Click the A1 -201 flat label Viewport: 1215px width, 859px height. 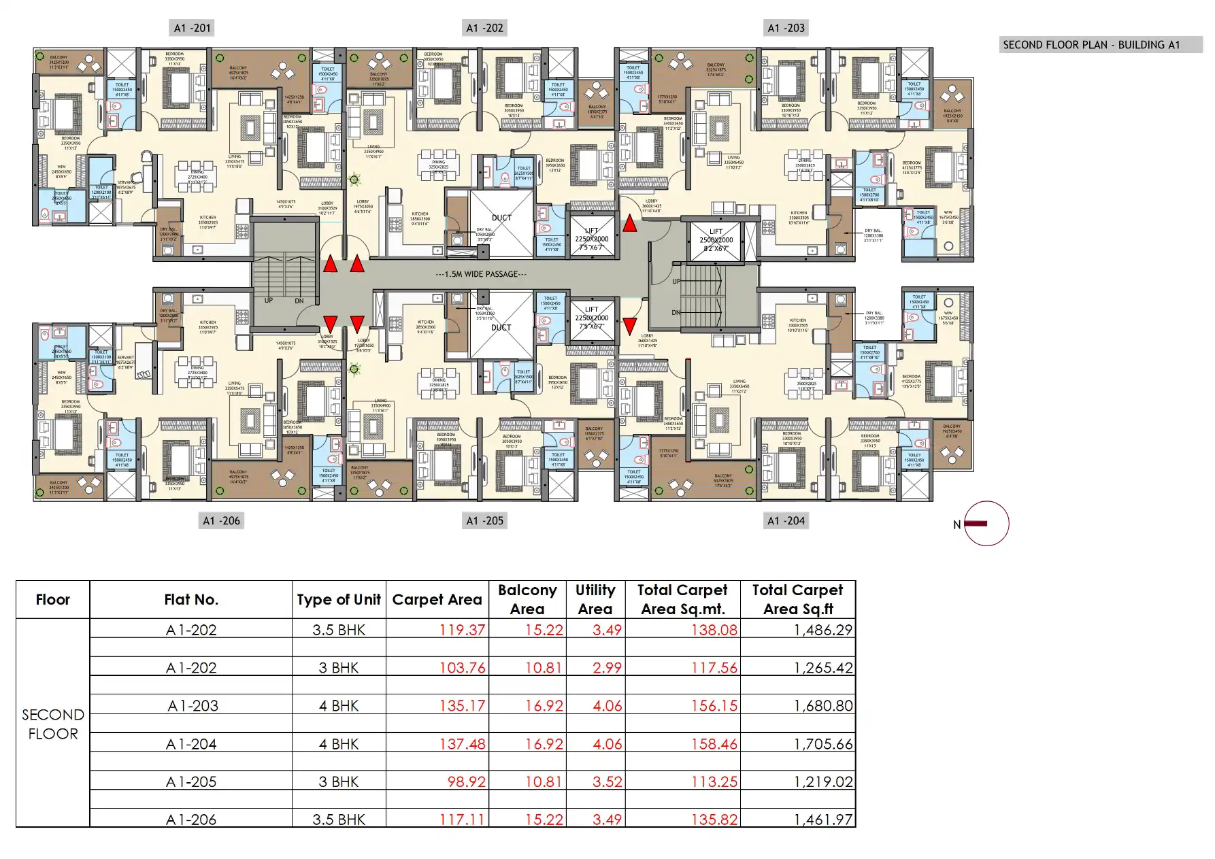pyautogui.click(x=193, y=28)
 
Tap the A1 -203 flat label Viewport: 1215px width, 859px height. pyautogui.click(x=786, y=28)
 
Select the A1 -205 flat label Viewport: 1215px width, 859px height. pyautogui.click(x=484, y=521)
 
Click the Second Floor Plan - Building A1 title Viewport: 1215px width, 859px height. pyautogui.click(x=1091, y=45)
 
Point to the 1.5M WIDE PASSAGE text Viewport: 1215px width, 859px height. pyautogui.click(x=481, y=274)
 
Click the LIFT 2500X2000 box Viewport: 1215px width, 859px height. pyautogui.click(x=716, y=240)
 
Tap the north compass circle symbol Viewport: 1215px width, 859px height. pyautogui.click(x=986, y=524)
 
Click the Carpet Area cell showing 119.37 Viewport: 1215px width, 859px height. pyautogui.click(x=462, y=630)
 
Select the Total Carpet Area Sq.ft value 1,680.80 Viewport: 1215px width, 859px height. pyautogui.click(x=822, y=706)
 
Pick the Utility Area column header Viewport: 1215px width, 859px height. pyautogui.click(x=595, y=599)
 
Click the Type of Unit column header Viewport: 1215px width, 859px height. pyautogui.click(x=338, y=599)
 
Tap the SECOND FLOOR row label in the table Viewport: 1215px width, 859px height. pyautogui.click(x=52, y=724)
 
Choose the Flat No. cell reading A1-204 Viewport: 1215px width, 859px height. pyautogui.click(x=191, y=744)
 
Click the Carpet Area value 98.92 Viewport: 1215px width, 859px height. pyautogui.click(x=466, y=782)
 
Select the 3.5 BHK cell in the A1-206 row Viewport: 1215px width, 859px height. pyautogui.click(x=338, y=820)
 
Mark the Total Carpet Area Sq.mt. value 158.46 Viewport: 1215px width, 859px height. pyautogui.click(x=714, y=744)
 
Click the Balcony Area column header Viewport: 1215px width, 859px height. pyautogui.click(x=527, y=599)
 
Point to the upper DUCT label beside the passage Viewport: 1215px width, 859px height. pyautogui.click(x=501, y=218)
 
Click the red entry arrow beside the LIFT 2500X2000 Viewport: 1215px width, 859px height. pyautogui.click(x=630, y=223)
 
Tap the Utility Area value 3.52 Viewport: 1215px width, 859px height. pyautogui.click(x=607, y=782)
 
